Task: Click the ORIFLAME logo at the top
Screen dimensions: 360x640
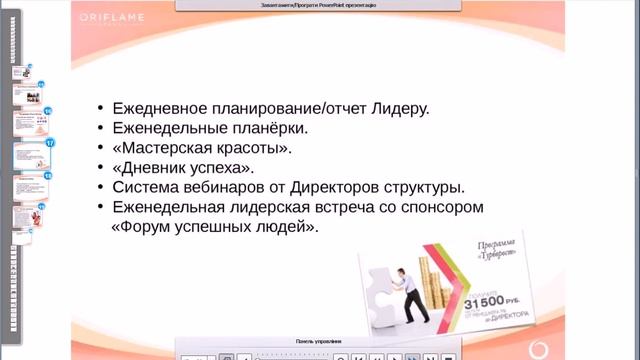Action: tap(119, 19)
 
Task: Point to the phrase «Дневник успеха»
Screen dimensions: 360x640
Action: tap(189, 167)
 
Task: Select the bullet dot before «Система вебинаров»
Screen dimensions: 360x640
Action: tap(101, 187)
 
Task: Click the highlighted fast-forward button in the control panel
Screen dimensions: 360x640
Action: tap(412, 356)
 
